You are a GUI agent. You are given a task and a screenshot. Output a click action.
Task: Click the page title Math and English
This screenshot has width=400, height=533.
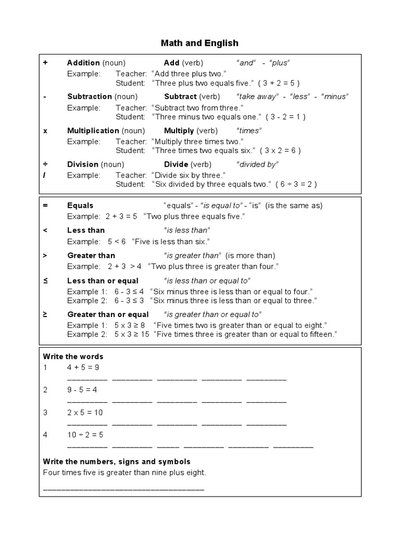[x=200, y=43]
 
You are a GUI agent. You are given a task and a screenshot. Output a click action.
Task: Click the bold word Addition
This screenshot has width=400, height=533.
[x=83, y=63]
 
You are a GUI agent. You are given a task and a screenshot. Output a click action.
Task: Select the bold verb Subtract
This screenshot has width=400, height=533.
[x=180, y=96]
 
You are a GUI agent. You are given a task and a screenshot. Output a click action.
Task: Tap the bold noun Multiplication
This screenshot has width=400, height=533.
[x=93, y=131]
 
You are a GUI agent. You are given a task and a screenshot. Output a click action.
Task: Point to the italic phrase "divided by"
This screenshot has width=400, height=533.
[x=257, y=164]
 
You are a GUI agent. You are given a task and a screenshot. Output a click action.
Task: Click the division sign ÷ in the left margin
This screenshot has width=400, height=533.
[x=45, y=164]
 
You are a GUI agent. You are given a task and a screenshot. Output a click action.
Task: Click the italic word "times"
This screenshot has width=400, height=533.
[x=249, y=131]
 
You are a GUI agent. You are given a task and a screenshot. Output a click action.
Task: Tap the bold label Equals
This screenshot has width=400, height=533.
[x=80, y=206]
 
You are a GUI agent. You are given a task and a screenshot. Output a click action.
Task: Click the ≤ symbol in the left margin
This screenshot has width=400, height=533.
[x=45, y=281]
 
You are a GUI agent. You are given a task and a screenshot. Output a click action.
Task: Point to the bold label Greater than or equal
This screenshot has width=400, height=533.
[x=108, y=314]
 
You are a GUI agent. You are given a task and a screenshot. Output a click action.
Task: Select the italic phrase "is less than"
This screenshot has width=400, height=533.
[x=187, y=230]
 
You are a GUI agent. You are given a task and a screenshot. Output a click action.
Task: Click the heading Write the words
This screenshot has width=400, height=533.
[x=73, y=357]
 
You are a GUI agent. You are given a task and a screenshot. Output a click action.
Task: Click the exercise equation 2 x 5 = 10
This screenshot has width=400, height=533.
[x=85, y=412]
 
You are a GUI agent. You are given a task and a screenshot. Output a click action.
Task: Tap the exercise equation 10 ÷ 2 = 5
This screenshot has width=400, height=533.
[x=85, y=435]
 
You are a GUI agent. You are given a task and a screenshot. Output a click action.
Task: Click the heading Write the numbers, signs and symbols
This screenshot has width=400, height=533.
[x=117, y=462]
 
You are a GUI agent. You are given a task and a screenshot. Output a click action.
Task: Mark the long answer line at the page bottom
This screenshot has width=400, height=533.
[x=124, y=490]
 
